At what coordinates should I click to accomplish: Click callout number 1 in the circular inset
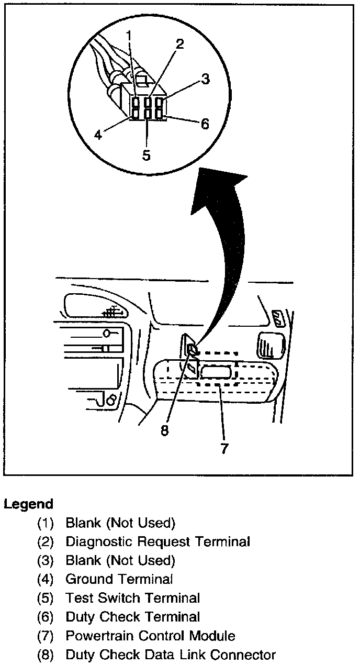point(129,37)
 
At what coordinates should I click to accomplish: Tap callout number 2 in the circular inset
point(179,44)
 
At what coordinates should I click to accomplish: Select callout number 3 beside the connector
point(205,79)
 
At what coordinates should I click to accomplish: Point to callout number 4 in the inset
point(98,135)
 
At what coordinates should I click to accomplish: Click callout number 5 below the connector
point(146,155)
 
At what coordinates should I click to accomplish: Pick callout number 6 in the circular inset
point(205,124)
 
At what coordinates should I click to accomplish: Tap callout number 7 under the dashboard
point(224,449)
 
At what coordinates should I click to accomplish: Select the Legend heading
point(29,504)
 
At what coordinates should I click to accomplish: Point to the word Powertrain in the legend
point(99,636)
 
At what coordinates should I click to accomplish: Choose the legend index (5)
point(46,598)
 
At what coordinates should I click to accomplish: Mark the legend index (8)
point(46,655)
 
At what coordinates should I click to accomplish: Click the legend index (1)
point(46,523)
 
